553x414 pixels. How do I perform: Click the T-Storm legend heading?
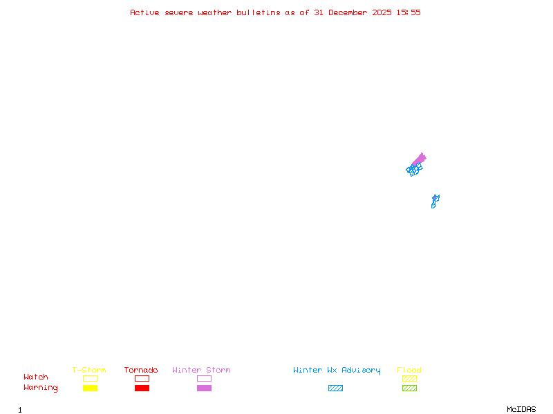(89, 371)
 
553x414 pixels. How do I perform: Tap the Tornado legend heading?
(141, 371)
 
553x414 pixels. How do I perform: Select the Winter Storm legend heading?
(201, 371)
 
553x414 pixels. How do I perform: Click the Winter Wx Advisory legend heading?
(337, 371)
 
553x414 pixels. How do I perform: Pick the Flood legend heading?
(409, 371)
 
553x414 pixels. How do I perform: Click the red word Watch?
(36, 377)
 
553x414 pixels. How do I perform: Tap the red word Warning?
(41, 388)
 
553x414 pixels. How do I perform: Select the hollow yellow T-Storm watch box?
(90, 378)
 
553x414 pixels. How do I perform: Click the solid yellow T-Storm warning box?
(90, 388)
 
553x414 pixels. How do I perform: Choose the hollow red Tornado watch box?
(142, 378)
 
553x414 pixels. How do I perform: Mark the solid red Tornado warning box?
(142, 388)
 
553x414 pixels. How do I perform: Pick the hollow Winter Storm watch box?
(204, 378)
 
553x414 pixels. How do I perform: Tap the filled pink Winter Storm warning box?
(204, 388)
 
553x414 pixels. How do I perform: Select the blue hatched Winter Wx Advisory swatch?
(335, 388)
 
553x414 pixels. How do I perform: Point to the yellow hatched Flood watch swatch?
(409, 378)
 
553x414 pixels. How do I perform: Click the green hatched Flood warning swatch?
(409, 388)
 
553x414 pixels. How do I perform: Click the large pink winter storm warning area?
(419, 159)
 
